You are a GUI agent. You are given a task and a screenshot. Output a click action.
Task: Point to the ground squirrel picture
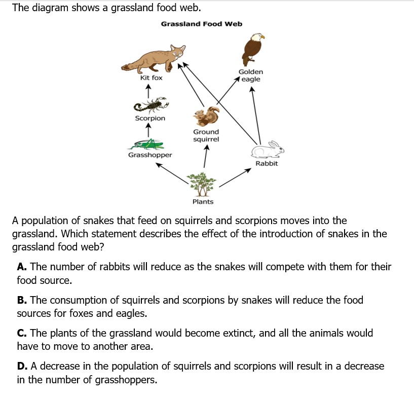(207, 117)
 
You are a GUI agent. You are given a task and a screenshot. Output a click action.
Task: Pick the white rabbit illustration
(268, 150)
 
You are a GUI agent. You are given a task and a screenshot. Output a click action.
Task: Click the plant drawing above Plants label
(203, 183)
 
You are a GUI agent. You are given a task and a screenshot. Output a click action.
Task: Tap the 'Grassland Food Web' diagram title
(201, 24)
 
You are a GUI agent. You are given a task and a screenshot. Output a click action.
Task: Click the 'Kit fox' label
(151, 78)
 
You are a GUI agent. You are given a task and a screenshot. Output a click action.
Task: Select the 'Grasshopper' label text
(150, 155)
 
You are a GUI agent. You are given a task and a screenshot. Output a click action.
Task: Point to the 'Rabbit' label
(267, 164)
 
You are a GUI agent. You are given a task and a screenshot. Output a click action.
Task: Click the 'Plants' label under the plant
(203, 202)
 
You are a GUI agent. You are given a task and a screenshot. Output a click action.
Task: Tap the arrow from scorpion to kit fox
(147, 91)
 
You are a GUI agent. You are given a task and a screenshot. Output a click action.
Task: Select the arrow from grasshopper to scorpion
(147, 130)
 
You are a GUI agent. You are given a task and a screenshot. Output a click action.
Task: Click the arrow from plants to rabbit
(235, 178)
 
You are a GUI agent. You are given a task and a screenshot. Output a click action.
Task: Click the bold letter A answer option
(21, 267)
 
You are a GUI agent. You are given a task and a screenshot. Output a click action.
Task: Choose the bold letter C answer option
(21, 334)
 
